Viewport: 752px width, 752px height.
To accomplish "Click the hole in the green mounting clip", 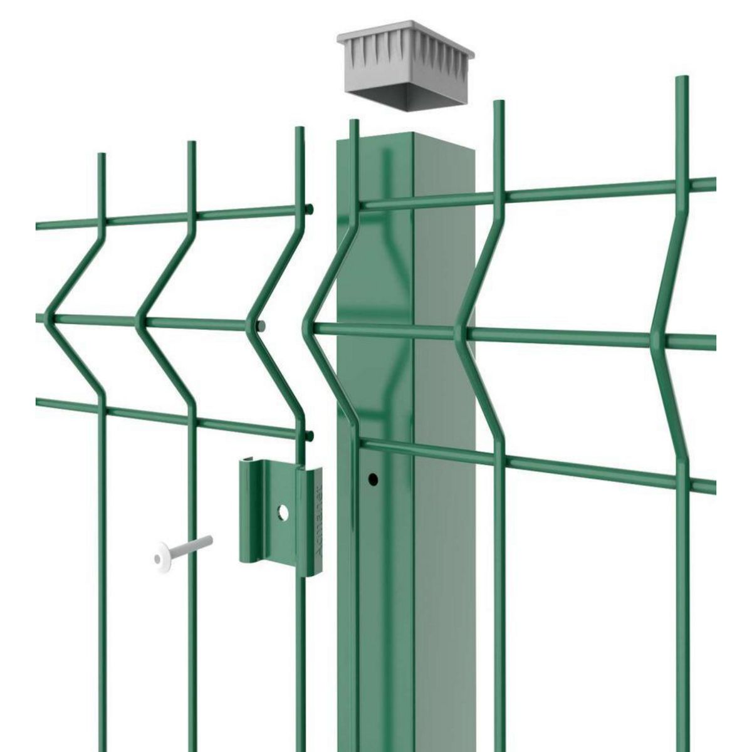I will [x=283, y=513].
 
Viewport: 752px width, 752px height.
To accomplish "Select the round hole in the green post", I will [x=373, y=480].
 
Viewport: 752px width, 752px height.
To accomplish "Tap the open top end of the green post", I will [x=407, y=139].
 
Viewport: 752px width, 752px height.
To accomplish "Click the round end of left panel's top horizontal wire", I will [x=309, y=209].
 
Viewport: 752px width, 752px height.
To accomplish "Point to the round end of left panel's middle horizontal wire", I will [x=261, y=326].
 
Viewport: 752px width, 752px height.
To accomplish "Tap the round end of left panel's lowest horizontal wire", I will [x=309, y=435].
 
